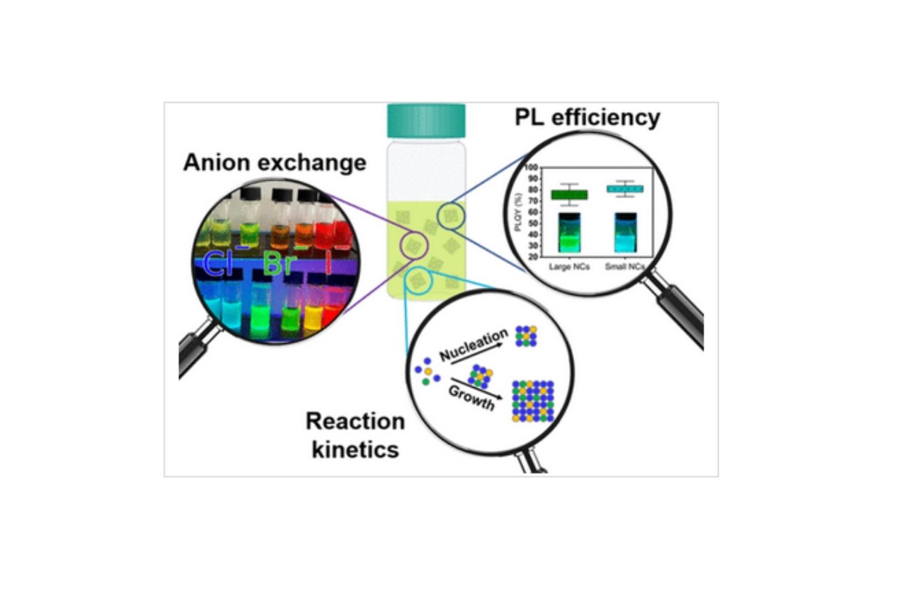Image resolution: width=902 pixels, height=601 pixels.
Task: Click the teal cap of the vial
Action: point(426,121)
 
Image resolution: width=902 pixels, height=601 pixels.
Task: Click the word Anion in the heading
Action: point(216,162)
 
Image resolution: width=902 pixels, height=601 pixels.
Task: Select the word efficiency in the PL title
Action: point(605,118)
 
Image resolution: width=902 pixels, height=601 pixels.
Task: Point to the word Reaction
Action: point(355,421)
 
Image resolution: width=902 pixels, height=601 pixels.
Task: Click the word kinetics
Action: point(355,449)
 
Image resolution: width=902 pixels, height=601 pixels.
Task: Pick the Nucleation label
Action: point(473,345)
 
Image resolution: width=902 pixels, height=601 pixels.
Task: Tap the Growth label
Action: point(471,398)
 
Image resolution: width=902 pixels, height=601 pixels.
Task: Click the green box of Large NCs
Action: point(570,195)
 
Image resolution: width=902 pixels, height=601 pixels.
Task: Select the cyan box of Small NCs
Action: point(625,189)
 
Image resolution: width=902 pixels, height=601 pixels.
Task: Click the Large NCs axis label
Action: point(570,266)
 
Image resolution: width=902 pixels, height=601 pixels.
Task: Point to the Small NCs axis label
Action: point(625,266)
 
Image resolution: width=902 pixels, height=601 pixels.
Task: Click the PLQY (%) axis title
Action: point(519,212)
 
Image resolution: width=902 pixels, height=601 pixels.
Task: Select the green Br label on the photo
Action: point(279,263)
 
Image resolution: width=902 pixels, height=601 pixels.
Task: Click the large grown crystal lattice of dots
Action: point(533,401)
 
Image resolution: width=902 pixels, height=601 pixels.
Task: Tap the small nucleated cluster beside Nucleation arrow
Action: point(526,336)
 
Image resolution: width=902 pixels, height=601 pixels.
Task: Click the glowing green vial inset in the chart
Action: point(570,233)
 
